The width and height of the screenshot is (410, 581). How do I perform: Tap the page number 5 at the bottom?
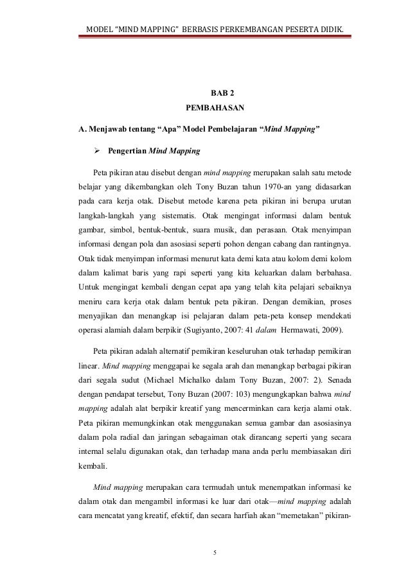pos(215,550)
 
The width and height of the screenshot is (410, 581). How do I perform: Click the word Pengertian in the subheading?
pos(127,152)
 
